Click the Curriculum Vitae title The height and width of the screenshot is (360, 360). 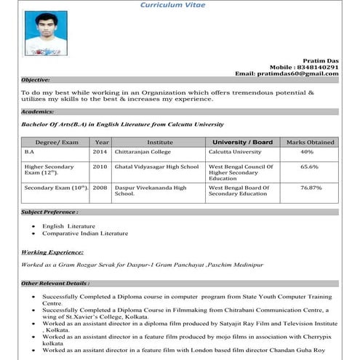point(173,5)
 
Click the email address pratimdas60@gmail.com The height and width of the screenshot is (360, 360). point(287,74)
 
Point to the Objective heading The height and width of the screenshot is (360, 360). point(36,80)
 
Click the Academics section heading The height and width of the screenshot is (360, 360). point(37,112)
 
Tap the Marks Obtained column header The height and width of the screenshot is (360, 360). point(311,143)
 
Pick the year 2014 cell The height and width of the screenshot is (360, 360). point(101,152)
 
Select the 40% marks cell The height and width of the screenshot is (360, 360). point(307,152)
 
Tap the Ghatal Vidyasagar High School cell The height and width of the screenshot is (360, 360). point(156,167)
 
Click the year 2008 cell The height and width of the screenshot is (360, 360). point(101,188)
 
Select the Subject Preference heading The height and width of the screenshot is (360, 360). point(49,212)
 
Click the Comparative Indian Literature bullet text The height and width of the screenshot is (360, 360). point(84,233)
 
